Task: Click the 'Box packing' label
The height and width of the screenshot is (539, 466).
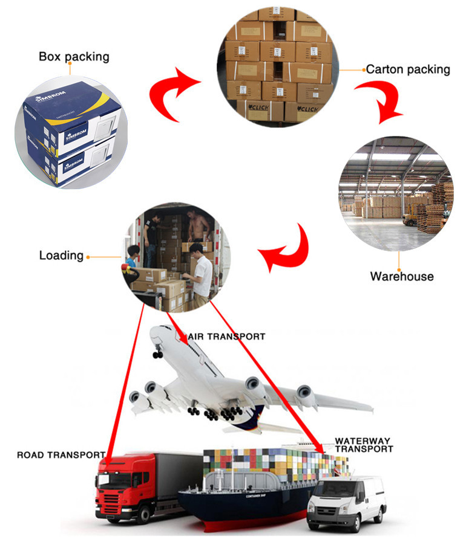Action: (74, 57)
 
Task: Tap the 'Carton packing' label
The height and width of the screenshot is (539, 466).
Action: (408, 69)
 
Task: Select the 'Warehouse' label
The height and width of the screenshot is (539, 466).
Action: (402, 276)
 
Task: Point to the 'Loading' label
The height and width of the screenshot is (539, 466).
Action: (61, 255)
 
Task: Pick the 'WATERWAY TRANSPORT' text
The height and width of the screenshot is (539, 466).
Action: (363, 445)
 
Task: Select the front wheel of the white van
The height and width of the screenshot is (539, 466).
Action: (320, 519)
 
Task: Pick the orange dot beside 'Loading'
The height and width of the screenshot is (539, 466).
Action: (88, 256)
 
